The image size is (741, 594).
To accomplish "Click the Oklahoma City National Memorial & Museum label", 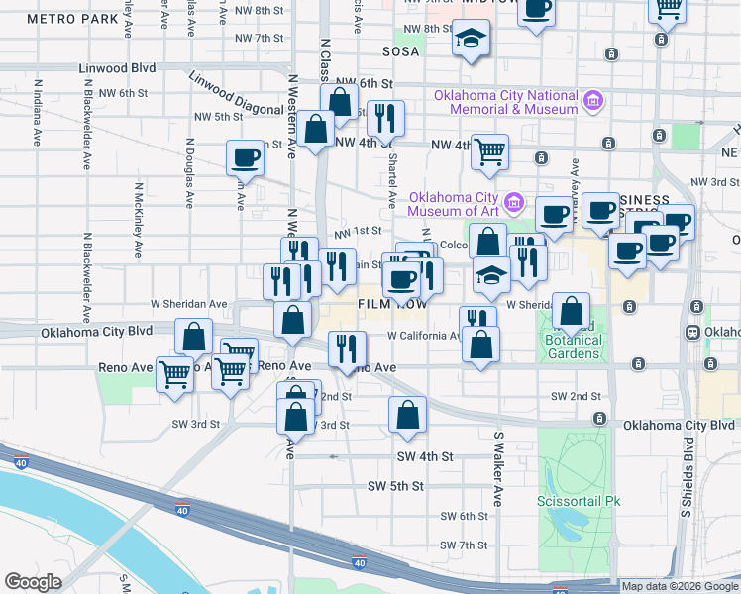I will (x=505, y=101).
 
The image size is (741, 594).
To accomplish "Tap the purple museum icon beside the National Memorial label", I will (x=593, y=100).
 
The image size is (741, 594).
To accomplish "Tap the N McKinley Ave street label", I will (x=138, y=219).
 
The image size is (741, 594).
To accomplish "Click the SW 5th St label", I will (x=395, y=486).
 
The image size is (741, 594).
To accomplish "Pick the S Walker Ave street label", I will (x=498, y=467).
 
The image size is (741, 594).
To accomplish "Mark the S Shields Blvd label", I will (x=687, y=481).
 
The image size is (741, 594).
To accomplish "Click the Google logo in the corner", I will (x=33, y=581).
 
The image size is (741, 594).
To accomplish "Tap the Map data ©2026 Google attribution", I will (x=679, y=586).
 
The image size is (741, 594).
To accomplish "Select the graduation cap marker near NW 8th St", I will (x=470, y=40).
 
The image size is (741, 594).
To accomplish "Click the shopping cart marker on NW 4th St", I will (x=490, y=151).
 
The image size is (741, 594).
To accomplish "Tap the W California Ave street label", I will (x=423, y=335).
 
